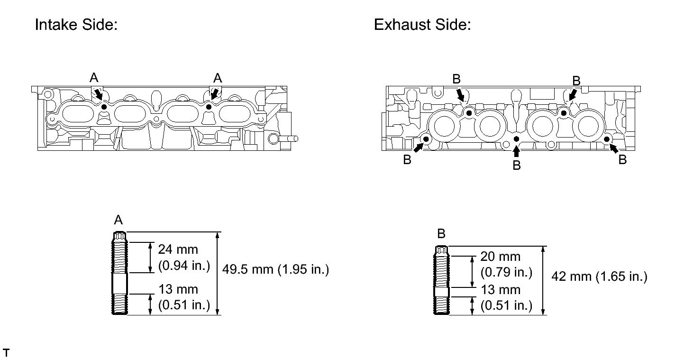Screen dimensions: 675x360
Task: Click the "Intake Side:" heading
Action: tap(76, 24)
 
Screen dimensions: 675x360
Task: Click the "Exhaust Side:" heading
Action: tap(422, 24)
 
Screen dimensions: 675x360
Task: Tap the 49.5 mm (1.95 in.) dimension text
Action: tap(275, 269)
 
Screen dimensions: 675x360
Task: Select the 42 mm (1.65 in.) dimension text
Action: tap(599, 277)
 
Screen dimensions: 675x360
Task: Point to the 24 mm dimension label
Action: tap(178, 249)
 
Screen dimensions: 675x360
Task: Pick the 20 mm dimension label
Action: tap(500, 257)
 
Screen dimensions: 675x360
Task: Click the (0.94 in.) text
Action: tap(184, 266)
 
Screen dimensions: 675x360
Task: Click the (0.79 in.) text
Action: tap(506, 272)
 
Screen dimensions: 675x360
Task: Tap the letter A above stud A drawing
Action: tap(119, 220)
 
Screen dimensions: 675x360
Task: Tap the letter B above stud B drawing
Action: tap(441, 234)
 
